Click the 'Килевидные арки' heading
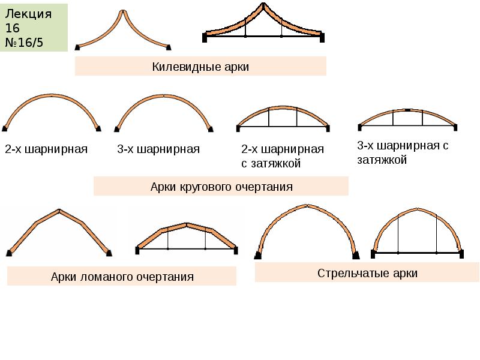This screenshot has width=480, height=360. pos(200,67)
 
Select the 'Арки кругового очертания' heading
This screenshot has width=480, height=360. pos(221,187)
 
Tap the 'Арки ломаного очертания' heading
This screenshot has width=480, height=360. pos(122,277)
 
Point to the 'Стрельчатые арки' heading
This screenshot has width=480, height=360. pos(367,274)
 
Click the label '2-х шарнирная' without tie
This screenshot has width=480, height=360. pos(46,149)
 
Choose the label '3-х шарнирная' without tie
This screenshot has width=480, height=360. pos(158,149)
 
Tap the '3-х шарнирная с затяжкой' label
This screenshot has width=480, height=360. pos(403,152)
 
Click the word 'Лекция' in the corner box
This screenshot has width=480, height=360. pos(28,14)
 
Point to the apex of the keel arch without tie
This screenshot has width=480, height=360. pos(123,11)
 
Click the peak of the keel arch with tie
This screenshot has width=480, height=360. pos(263,5)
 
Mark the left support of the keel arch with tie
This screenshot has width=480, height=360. pos(205,37)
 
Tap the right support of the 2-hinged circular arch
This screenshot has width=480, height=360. pos(98,127)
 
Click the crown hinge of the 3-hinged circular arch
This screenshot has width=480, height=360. pos(164,95)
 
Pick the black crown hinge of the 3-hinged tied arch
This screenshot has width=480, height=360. pos(407,110)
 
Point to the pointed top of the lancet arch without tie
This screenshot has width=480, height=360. pos(307,206)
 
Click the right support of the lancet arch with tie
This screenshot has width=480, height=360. pos(463,253)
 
